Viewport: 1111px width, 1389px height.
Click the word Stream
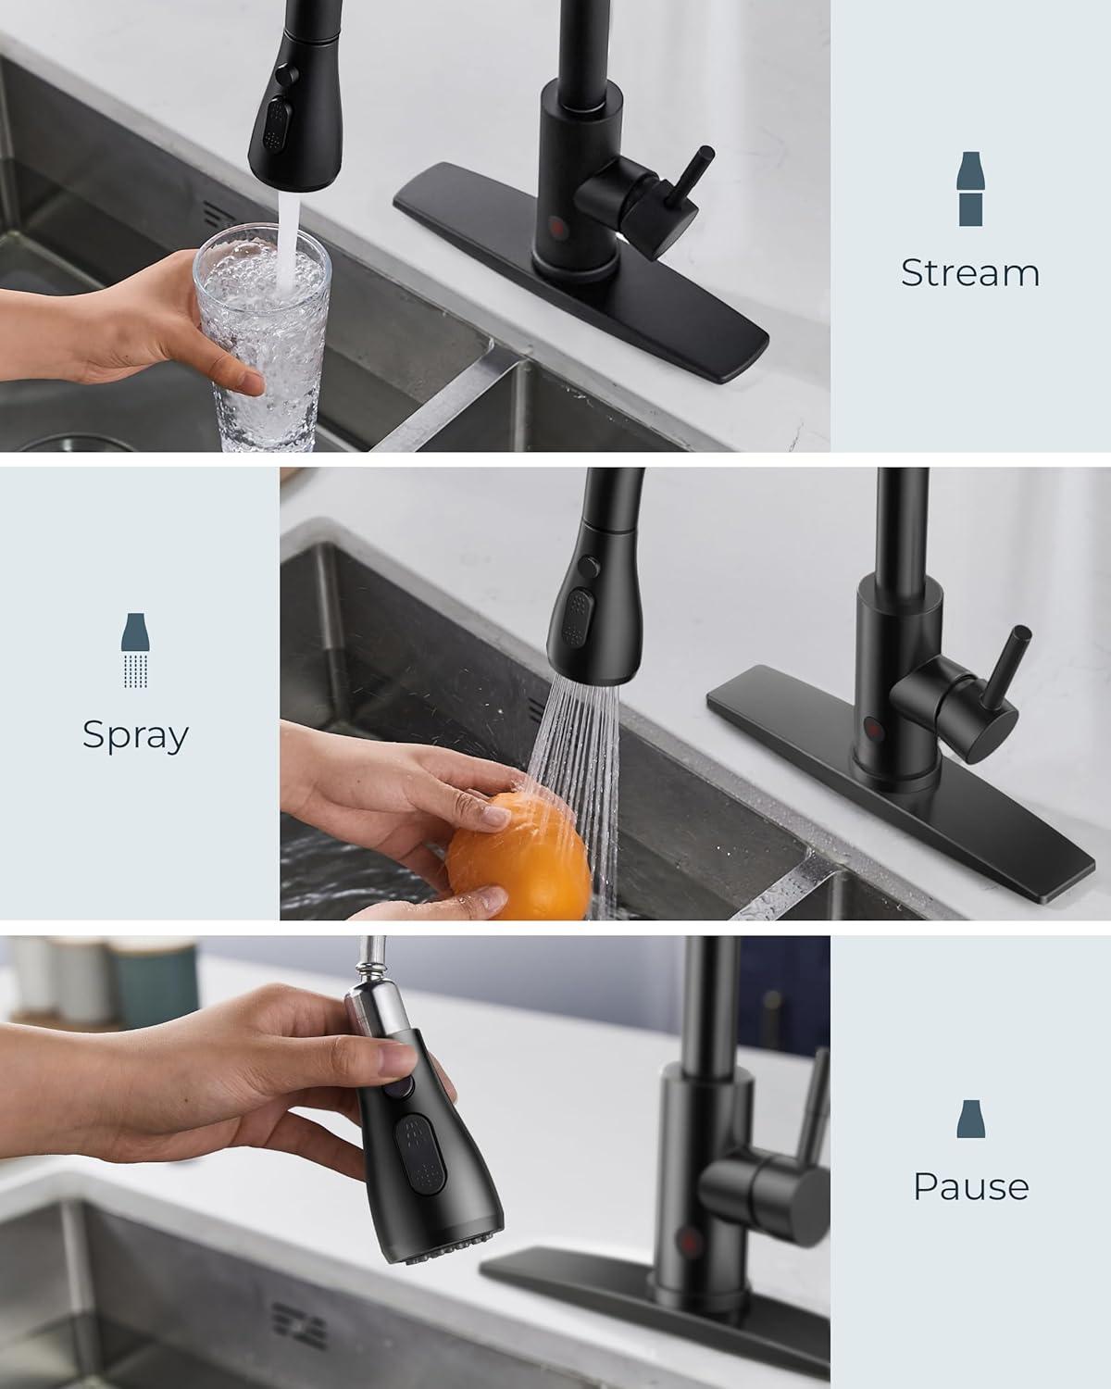(x=969, y=273)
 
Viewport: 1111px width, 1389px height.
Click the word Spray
(x=135, y=734)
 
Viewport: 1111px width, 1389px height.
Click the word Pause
(x=970, y=1186)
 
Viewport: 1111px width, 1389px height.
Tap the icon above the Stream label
(x=969, y=189)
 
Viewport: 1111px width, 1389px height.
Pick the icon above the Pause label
(x=969, y=1120)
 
